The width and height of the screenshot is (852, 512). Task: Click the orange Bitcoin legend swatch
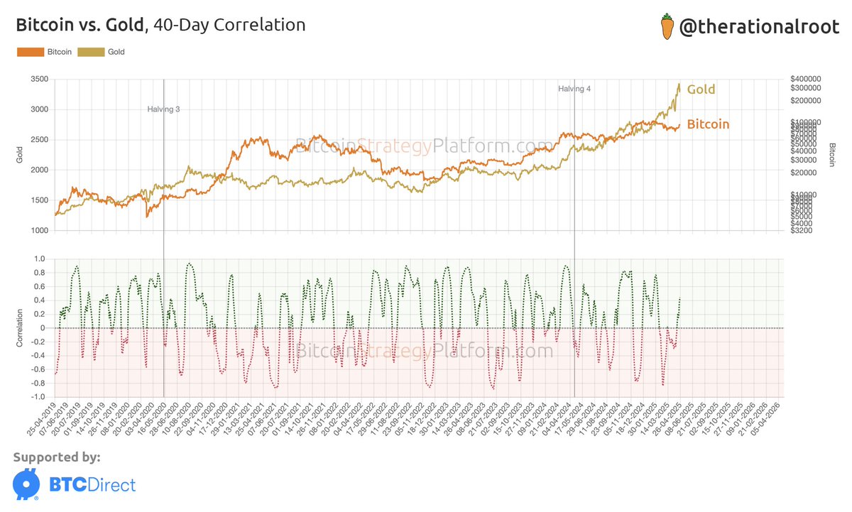(31, 52)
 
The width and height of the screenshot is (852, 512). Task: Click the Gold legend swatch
(90, 52)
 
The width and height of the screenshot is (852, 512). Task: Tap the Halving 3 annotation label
(163, 109)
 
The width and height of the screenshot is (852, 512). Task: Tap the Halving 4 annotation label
(574, 89)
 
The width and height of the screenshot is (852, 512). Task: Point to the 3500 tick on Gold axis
(40, 80)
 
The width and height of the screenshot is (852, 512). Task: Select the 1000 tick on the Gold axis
(40, 231)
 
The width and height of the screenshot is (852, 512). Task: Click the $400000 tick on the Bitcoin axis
(806, 78)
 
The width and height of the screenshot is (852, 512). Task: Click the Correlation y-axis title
(20, 327)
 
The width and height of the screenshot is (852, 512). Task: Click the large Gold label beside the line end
(700, 89)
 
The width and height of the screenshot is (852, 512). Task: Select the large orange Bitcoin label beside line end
(708, 124)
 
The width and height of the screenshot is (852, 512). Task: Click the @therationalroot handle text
(758, 27)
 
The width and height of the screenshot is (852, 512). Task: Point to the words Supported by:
(57, 457)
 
